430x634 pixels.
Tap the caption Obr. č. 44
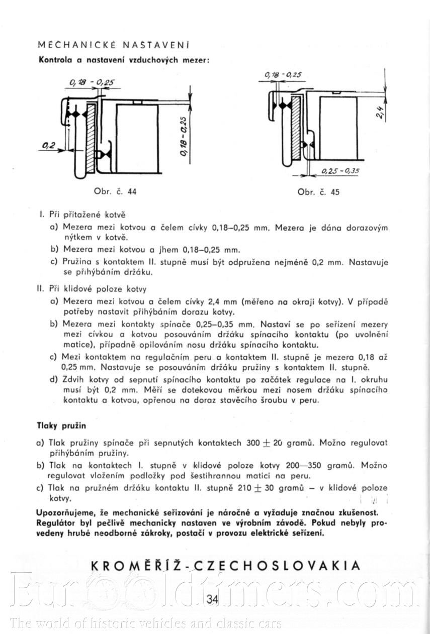coord(115,191)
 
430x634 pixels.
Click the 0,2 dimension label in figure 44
coord(49,145)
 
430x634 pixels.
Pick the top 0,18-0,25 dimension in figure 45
coord(283,75)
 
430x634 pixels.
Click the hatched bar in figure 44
coord(91,139)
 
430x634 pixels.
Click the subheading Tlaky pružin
coord(62,426)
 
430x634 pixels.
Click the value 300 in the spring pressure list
coord(253,444)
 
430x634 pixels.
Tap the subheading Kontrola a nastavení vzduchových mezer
coord(124,59)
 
